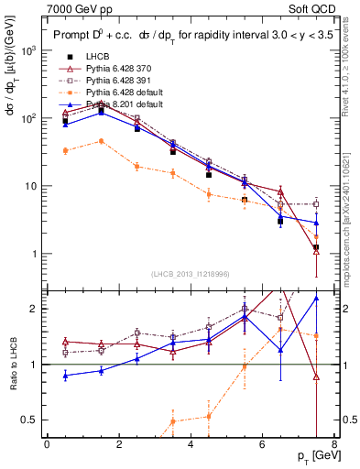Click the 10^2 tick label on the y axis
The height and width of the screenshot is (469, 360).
(29, 118)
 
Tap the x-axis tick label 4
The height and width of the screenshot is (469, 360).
(191, 444)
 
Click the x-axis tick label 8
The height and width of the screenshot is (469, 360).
(334, 444)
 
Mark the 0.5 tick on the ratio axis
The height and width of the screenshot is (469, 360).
(32, 420)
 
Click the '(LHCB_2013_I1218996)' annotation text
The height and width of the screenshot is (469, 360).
(191, 274)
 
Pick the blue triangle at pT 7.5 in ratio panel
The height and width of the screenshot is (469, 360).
(316, 298)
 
